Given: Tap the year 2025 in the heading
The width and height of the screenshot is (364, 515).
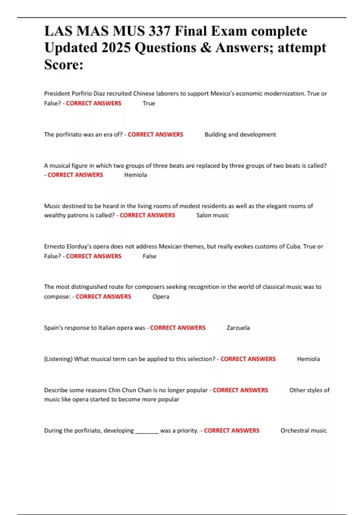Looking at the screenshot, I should [x=116, y=48].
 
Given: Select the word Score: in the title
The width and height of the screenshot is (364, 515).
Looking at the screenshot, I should [x=64, y=65].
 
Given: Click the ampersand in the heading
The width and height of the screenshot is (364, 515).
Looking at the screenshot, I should [x=206, y=48].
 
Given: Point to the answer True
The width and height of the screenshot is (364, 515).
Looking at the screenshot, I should [x=149, y=103].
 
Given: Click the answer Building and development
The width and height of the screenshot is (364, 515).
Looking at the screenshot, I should [x=240, y=135].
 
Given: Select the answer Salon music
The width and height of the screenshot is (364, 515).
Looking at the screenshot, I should [x=212, y=215].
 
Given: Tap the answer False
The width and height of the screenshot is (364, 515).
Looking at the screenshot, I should [x=149, y=256].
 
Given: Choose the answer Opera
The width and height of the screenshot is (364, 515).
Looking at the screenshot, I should [x=161, y=297].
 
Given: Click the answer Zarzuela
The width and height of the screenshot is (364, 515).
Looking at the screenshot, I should [x=238, y=328].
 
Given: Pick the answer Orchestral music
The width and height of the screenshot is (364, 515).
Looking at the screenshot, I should [x=303, y=430].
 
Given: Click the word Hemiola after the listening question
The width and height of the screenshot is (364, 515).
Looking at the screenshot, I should [x=308, y=359].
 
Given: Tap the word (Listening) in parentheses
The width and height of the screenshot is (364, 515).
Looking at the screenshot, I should [x=58, y=359].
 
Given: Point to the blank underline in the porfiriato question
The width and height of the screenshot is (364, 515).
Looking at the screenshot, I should [x=147, y=431].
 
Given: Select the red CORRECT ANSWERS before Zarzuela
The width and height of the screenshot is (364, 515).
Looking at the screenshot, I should [x=177, y=328].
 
